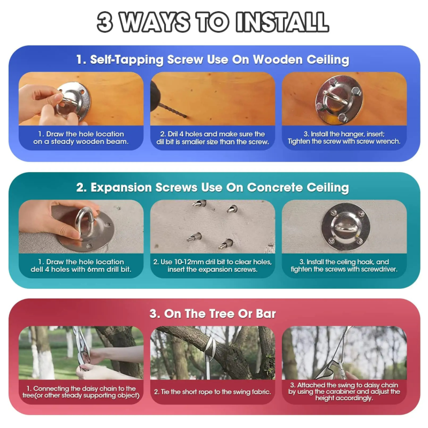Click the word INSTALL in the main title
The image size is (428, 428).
tap(282, 22)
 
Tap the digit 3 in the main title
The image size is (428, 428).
tap(105, 22)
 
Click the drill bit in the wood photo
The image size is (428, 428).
tap(172, 110)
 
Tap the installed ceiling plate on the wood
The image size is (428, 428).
tap(339, 100)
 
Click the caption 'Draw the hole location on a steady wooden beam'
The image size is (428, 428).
tap(81, 138)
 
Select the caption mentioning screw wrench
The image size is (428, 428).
tap(344, 138)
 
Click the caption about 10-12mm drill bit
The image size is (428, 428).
tap(212, 265)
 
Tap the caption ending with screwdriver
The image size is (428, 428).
tap(344, 265)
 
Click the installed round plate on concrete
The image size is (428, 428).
tap(346, 227)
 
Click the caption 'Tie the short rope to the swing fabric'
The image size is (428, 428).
tap(212, 392)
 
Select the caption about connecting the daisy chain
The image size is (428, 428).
tap(81, 392)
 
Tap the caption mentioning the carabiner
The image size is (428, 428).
tap(344, 392)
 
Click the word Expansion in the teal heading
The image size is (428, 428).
tap(121, 188)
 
